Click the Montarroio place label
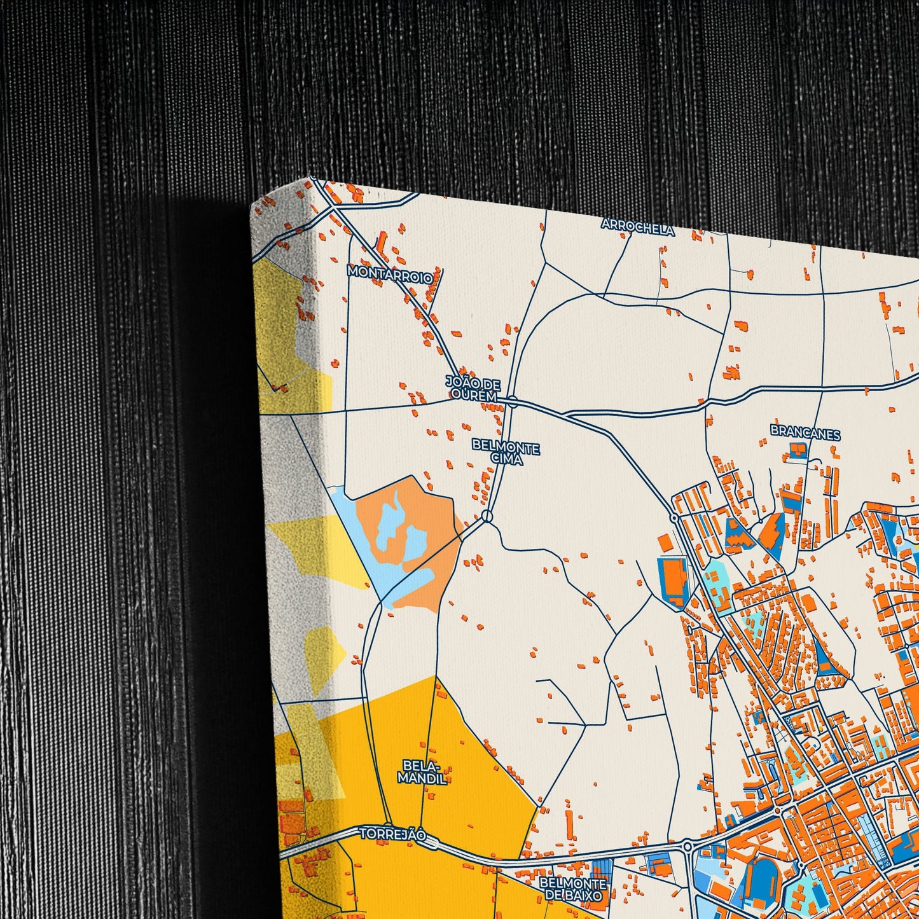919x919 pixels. pos(390,274)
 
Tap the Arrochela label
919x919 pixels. pos(637,226)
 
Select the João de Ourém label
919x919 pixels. pos(473,389)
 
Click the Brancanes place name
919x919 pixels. pos(805,433)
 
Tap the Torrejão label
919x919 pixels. pos(392,834)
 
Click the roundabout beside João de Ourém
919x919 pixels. pos(513,401)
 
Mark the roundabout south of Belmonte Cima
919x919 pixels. pos(487,516)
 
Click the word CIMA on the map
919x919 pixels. pos(507,460)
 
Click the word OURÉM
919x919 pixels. pos(473,396)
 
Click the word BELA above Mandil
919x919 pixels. pos(417,764)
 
